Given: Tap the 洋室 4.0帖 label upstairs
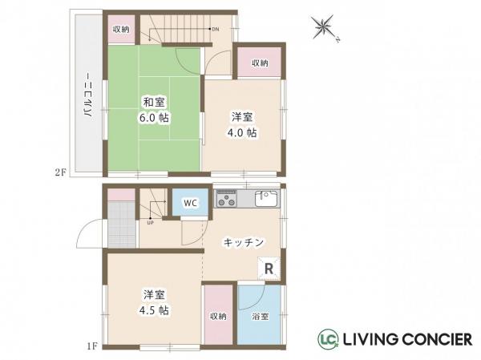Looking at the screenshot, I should [241, 125].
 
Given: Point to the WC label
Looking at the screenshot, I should [190, 203].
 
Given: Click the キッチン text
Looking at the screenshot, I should [239, 241].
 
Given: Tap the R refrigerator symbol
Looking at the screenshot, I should [269, 269].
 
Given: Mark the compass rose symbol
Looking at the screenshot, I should [325, 30].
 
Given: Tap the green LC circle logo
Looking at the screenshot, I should [328, 339].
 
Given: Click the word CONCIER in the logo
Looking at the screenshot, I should [432, 340].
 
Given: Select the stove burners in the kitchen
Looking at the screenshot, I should [225, 197].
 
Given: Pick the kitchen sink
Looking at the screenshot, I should [265, 197].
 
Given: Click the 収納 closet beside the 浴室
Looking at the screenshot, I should [218, 316].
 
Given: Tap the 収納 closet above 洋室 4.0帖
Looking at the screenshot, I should [259, 63].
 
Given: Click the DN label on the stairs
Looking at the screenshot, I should [215, 30].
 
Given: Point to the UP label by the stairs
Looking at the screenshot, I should [150, 222].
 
